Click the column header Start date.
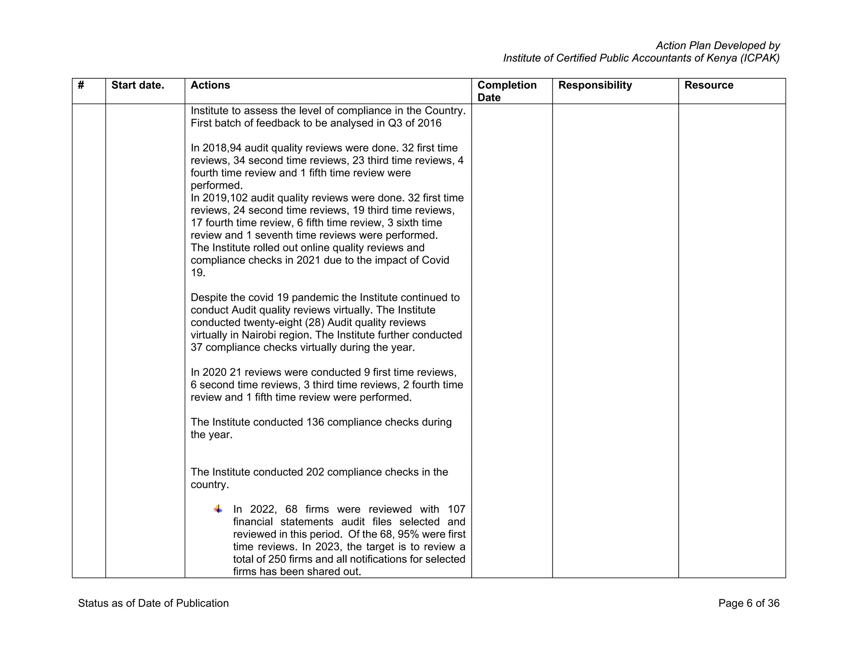[137, 85]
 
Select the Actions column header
[210, 85]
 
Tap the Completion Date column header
[507, 91]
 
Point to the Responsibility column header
[595, 85]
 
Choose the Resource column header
[709, 85]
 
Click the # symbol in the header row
[81, 85]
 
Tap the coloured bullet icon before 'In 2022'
[218, 509]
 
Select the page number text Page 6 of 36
[749, 603]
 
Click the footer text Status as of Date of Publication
[153, 603]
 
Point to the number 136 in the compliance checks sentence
[315, 422]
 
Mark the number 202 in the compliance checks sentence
[315, 472]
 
